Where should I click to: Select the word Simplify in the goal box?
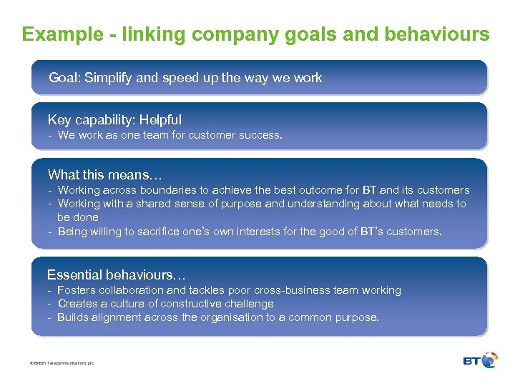coord(108,77)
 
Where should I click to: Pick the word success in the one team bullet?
coord(262,135)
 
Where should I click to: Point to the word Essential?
coord(74,274)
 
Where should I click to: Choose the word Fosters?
coord(76,290)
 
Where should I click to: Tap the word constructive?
coord(184,304)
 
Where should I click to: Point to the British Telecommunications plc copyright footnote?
coord(62,363)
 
